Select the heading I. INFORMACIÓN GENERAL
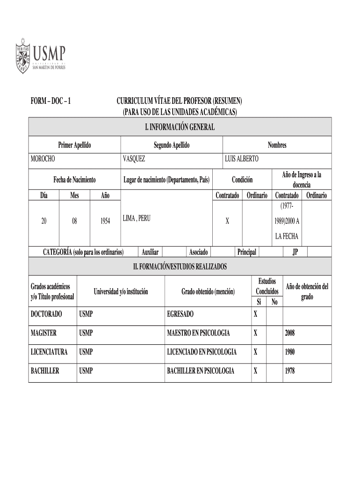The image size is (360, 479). click(180, 127)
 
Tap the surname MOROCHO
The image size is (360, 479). click(43, 159)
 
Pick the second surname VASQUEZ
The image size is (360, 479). click(134, 159)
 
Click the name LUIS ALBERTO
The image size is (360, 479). click(241, 159)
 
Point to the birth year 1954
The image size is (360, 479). click(105, 221)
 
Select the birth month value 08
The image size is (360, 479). click(74, 221)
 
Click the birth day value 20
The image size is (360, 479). click(43, 221)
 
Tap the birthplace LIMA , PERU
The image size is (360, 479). click(137, 218)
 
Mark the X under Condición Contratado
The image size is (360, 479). click(227, 221)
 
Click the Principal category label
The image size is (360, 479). click(246, 253)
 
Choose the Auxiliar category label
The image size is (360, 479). click(150, 253)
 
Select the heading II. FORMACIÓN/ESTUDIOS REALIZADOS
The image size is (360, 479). click(180, 267)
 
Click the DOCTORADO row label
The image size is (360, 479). click(46, 314)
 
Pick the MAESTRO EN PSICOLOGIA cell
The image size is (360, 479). click(198, 333)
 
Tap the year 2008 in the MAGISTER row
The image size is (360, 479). click(290, 334)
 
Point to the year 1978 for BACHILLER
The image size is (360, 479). click(290, 371)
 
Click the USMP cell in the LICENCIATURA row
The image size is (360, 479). click(86, 352)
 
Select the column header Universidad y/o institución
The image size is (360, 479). click(121, 292)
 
